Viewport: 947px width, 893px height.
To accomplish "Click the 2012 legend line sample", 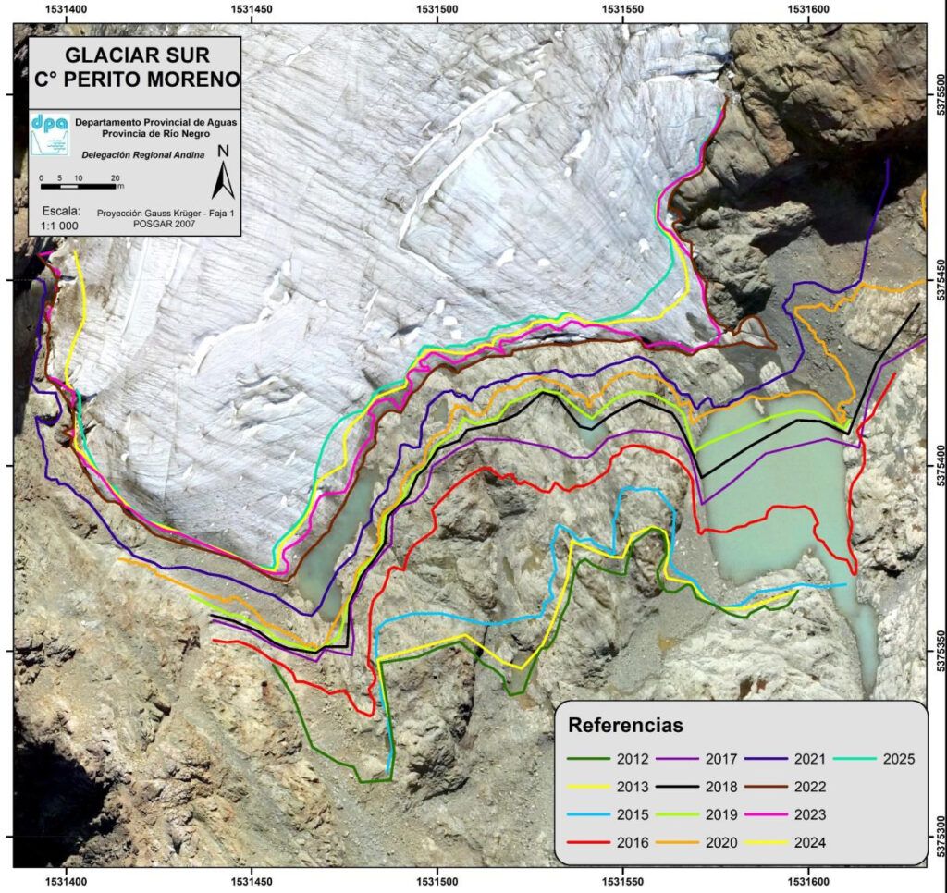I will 589,760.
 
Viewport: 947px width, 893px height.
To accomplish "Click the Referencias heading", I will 625,725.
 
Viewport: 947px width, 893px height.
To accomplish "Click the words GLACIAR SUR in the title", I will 135,55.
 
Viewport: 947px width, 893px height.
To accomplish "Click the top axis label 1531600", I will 808,8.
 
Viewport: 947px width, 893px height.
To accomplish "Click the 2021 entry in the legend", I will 809,760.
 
